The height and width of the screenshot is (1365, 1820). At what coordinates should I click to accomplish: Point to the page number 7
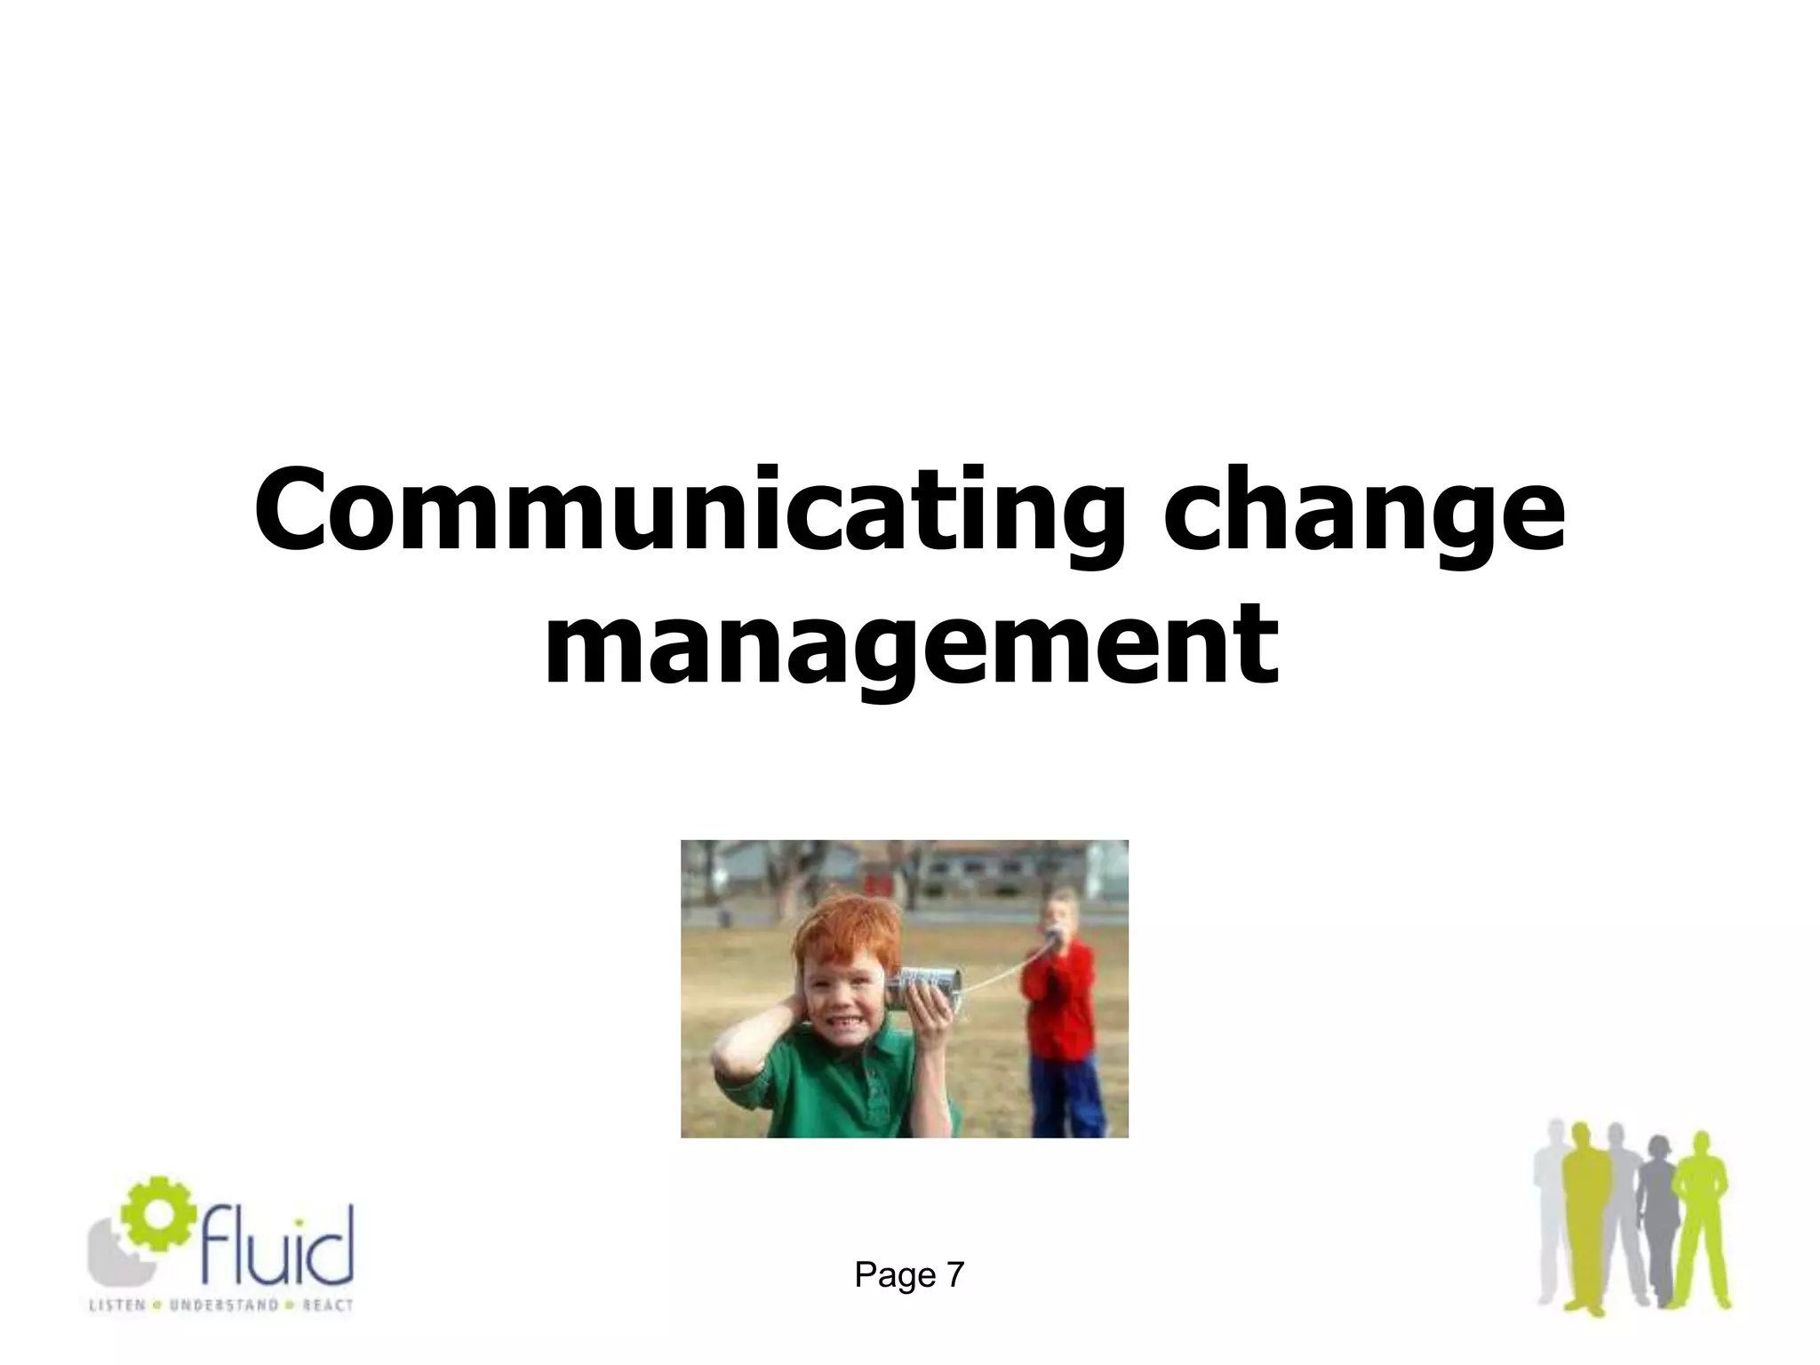pos(955,1274)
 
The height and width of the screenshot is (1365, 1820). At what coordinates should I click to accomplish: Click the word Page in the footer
pos(894,1274)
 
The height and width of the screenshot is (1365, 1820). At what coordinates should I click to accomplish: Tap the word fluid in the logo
pos(275,1244)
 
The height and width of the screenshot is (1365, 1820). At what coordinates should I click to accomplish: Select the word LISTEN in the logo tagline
pos(116,1305)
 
